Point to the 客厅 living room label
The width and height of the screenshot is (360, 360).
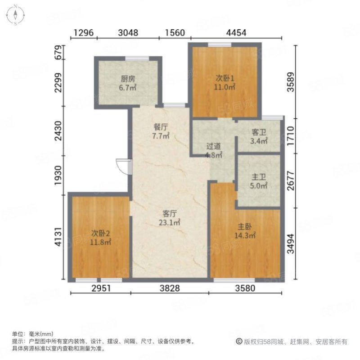(170, 213)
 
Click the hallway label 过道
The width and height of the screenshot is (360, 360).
(214, 146)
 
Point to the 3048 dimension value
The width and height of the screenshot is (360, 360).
(128, 32)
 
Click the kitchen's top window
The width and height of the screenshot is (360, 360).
(137, 58)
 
